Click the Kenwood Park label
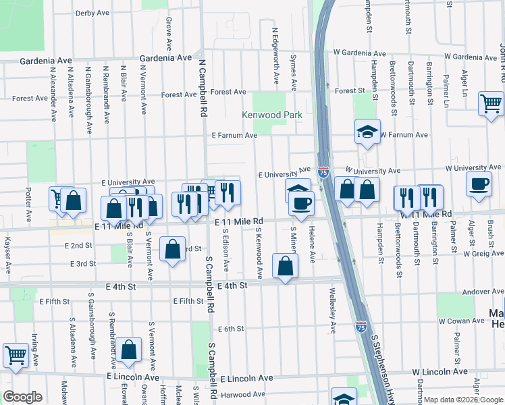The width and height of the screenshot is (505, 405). coord(273,115)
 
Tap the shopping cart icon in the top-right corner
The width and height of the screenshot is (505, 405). coord(491,103)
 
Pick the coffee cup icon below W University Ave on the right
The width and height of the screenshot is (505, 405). coord(479,184)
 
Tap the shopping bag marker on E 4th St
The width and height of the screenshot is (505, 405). coord(285,266)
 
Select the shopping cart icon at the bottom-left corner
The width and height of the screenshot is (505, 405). coord(15,354)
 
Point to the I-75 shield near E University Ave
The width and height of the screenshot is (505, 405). coord(323,173)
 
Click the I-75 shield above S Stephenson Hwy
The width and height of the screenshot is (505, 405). coord(361,326)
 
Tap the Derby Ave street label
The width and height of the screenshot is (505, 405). coord(92,13)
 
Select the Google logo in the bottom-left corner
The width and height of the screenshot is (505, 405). coord(22,397)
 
